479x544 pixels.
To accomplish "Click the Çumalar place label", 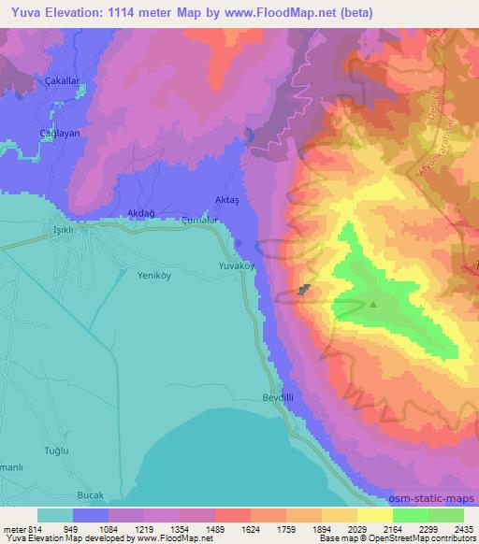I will point(199,221).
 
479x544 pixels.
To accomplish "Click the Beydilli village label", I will point(278,397).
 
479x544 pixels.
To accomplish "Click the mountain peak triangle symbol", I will point(373,303).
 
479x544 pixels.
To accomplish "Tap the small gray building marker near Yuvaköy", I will point(304,290).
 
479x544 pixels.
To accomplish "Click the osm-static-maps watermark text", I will point(440,497).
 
